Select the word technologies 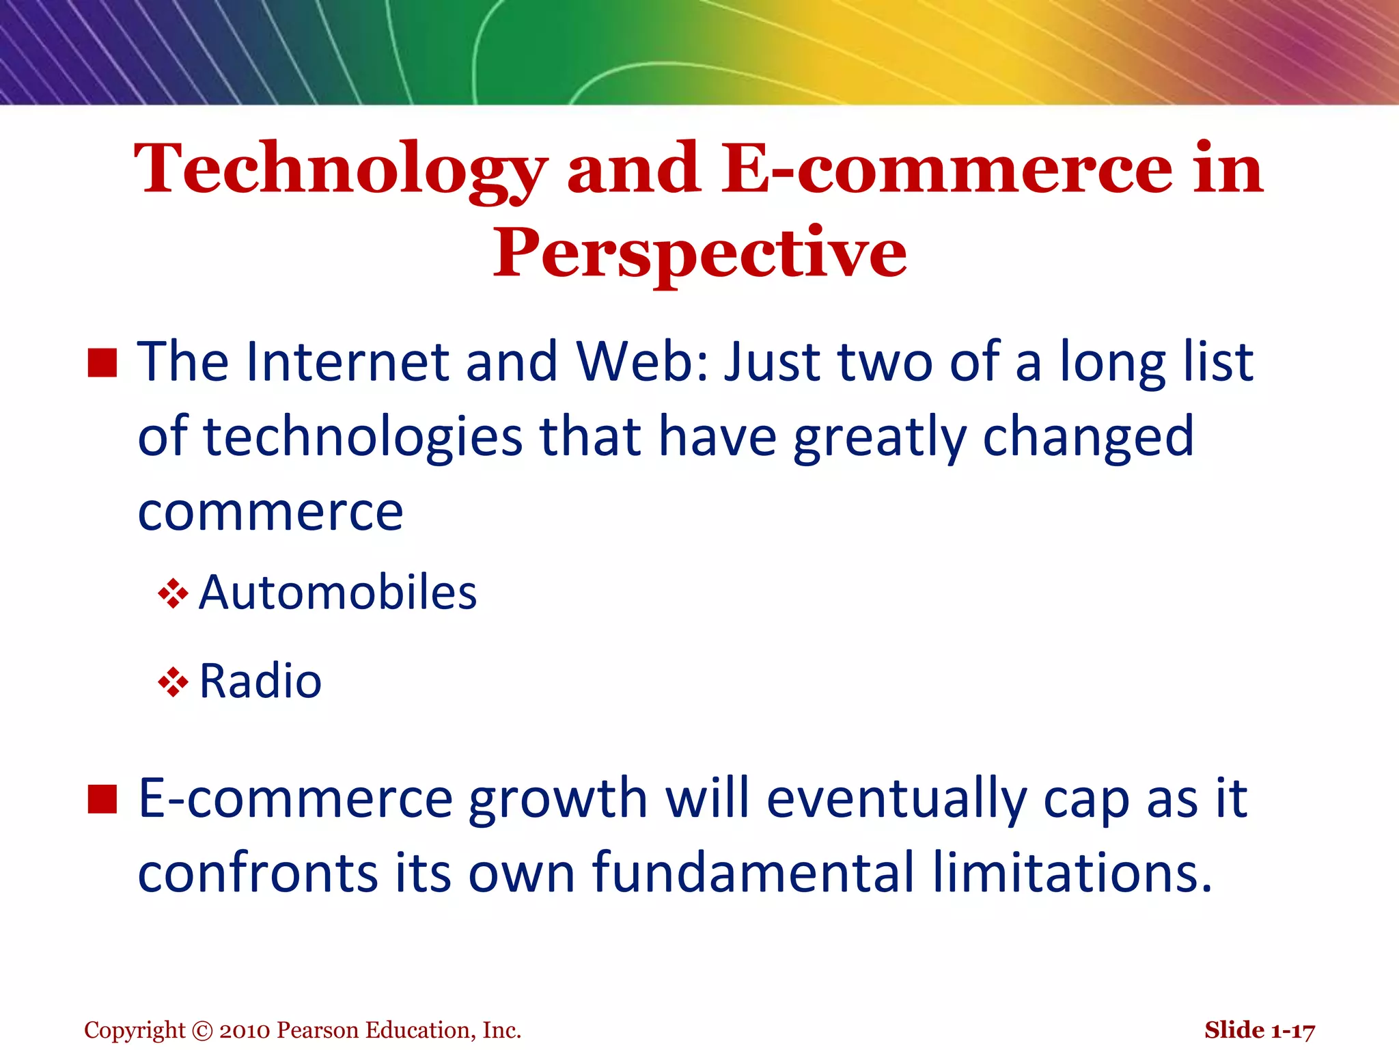click(x=363, y=437)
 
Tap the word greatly click(x=879, y=437)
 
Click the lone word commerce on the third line click(x=271, y=513)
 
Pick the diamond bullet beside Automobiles click(x=173, y=593)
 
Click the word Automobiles click(x=337, y=592)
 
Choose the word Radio click(x=260, y=682)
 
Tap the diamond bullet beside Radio click(x=173, y=682)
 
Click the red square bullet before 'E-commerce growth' click(x=102, y=799)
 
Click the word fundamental click(x=753, y=873)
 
